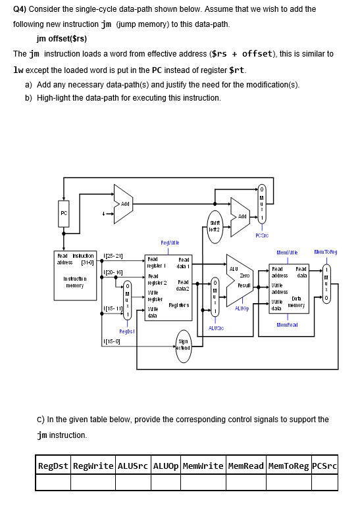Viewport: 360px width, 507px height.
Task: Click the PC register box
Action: [x=64, y=213]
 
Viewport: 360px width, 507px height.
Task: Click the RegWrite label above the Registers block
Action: [x=170, y=243]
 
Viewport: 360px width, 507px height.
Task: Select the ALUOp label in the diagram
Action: [x=242, y=307]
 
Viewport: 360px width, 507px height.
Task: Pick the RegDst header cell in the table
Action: [x=53, y=466]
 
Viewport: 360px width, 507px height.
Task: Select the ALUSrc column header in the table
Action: [x=134, y=466]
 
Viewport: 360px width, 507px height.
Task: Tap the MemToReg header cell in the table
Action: [x=288, y=466]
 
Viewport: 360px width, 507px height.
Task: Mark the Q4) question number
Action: [x=20, y=9]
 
